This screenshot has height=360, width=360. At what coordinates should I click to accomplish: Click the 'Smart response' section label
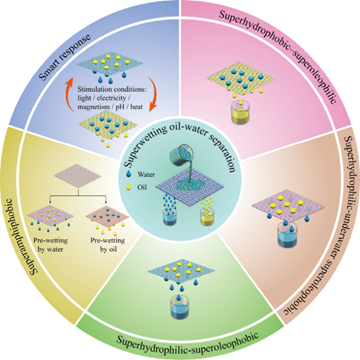coord(64,57)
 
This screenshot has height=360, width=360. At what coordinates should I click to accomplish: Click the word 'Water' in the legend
coord(146,174)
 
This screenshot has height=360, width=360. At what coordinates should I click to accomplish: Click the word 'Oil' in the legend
coord(142,187)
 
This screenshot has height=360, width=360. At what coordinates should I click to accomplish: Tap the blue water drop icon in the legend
coord(129,174)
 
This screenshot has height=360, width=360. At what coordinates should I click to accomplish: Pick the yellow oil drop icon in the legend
coord(128,187)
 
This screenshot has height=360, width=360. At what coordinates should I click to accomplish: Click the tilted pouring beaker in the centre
coord(182,155)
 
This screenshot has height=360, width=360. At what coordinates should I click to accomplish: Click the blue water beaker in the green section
coord(180,307)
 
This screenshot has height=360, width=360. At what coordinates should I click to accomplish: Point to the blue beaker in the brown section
coord(287,235)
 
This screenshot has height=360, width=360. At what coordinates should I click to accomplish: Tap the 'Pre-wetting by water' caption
coord(51,245)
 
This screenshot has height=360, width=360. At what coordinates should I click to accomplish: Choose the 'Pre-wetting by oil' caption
coord(107,245)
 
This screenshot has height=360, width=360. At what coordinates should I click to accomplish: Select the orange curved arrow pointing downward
coord(153,94)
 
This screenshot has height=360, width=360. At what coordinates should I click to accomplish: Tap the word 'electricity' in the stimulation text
coord(111,98)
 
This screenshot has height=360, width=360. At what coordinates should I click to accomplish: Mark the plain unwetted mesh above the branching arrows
coord(78,176)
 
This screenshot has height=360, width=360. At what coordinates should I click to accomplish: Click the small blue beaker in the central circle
coord(170,217)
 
